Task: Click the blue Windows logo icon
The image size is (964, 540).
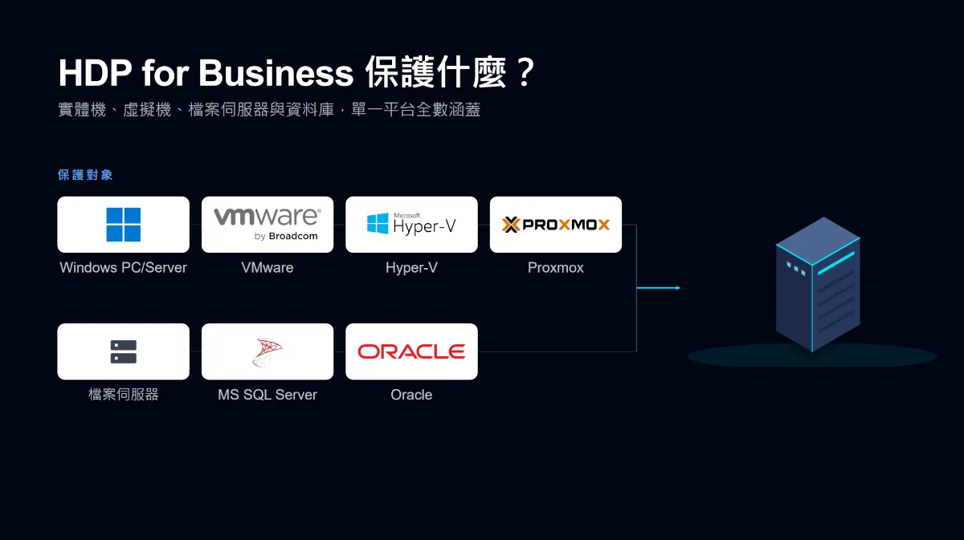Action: pyautogui.click(x=123, y=225)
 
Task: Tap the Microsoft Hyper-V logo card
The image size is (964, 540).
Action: pyautogui.click(x=411, y=225)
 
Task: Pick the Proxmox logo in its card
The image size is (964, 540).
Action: pyautogui.click(x=556, y=225)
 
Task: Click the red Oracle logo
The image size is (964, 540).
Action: pyautogui.click(x=411, y=351)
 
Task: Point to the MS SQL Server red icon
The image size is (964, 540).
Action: pyautogui.click(x=268, y=352)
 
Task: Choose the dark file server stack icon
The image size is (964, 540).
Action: pyautogui.click(x=124, y=351)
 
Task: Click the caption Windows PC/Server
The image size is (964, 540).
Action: pyautogui.click(x=123, y=267)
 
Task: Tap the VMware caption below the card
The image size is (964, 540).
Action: pyautogui.click(x=268, y=267)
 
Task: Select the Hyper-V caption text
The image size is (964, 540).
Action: pyautogui.click(x=411, y=267)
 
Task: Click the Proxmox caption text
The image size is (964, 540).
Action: pyautogui.click(x=556, y=267)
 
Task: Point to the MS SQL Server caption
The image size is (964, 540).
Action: pyautogui.click(x=268, y=394)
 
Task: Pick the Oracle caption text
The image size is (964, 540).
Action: pyautogui.click(x=411, y=394)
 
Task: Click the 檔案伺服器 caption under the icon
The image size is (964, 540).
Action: pyautogui.click(x=124, y=394)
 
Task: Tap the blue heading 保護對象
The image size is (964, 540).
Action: pyautogui.click(x=85, y=175)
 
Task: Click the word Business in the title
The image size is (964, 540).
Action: pyautogui.click(x=276, y=73)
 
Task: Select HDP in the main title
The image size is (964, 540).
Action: pyautogui.click(x=95, y=73)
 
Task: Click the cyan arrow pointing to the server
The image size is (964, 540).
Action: pyautogui.click(x=659, y=287)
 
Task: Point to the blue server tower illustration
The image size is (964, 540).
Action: pyautogui.click(x=818, y=285)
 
